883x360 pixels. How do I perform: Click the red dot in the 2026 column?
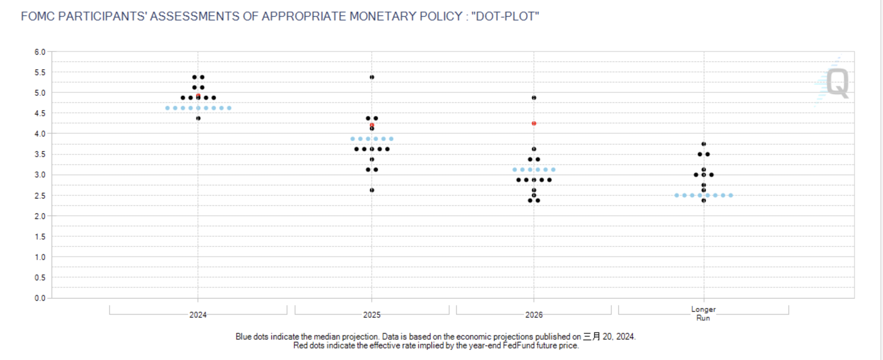coord(534,123)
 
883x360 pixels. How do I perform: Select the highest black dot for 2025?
coord(372,77)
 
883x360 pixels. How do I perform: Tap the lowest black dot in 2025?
coord(372,190)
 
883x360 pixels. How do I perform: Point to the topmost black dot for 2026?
coord(534,97)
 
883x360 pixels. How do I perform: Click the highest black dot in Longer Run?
coord(704,144)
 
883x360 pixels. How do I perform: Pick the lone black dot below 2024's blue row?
coord(198,118)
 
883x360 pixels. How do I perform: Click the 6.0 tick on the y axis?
coord(40,52)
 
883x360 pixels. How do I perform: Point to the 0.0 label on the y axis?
coord(40,298)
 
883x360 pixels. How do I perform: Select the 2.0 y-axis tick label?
coord(40,216)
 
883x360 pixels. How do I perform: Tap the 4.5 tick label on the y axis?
coord(40,113)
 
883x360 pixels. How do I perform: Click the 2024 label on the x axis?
coord(198,315)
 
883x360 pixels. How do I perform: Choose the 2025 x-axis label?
coord(372,315)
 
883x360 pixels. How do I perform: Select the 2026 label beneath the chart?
coord(534,315)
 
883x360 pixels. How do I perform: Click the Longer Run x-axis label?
coord(703,314)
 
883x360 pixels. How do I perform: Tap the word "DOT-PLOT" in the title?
coord(505,16)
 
